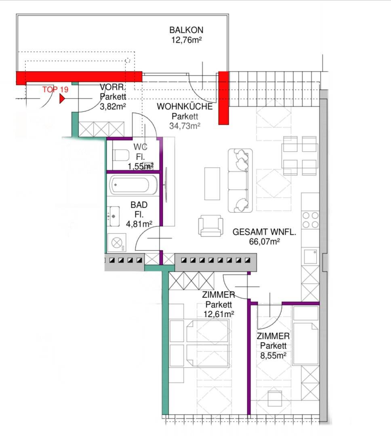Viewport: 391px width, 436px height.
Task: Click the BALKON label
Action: pos(186,30)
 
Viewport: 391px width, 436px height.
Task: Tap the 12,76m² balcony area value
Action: pos(186,40)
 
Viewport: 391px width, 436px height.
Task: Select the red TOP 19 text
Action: pos(55,89)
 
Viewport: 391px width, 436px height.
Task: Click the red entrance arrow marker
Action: pos(62,99)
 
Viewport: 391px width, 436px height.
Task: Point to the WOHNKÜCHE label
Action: pos(185,107)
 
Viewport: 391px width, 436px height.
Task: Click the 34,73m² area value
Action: pos(185,126)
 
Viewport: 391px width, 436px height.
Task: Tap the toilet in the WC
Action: pos(121,155)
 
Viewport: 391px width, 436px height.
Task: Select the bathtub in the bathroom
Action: pos(133,185)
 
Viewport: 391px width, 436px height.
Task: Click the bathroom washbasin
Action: pos(114,216)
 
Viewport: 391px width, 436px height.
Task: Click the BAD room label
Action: pos(139,205)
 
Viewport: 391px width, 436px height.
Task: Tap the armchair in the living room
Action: pos(211,226)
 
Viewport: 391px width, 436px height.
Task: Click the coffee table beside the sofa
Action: pos(212,184)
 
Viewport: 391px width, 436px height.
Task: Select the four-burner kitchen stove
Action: pos(310,220)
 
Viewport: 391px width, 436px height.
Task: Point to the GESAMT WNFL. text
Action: pos(264,232)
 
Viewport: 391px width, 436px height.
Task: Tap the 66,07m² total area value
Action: pos(265,242)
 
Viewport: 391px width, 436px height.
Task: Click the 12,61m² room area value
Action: pos(219,314)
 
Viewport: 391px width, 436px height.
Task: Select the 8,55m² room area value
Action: pos(273,355)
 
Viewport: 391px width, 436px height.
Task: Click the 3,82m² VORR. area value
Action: pos(113,106)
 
